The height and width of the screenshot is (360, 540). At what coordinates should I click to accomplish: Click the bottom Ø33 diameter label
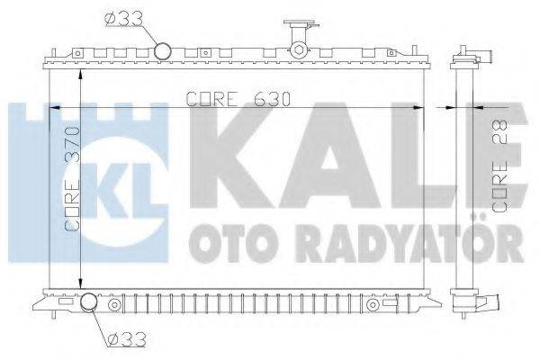(126, 340)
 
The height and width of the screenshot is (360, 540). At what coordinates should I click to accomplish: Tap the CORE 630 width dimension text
(238, 99)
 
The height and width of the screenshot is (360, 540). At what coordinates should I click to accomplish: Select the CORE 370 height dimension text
(72, 179)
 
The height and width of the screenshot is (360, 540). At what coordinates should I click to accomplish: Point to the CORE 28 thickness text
(499, 166)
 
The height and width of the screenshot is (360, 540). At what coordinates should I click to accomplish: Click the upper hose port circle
(163, 51)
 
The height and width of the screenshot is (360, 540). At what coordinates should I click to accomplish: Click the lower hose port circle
(89, 301)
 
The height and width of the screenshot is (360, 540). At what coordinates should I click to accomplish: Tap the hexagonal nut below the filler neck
(297, 49)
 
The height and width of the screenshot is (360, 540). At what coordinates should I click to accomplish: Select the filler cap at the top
(301, 24)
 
